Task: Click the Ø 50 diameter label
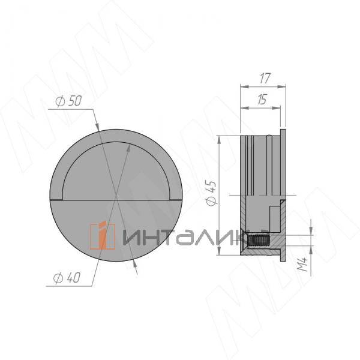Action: [67, 101]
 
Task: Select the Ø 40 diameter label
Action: [67, 278]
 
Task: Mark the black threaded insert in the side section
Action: [258, 242]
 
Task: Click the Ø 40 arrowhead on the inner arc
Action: [127, 146]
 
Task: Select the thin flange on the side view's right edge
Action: [283, 192]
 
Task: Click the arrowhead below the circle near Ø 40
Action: [136, 270]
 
